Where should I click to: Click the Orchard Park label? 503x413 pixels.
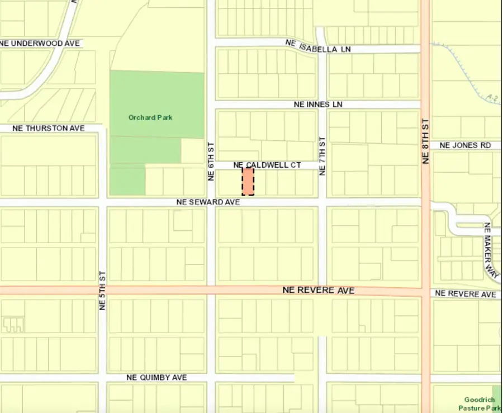point(150,117)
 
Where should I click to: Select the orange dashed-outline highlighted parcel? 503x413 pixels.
point(248,181)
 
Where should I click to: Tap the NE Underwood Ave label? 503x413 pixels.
point(41,43)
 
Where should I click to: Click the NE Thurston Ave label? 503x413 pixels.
point(49,129)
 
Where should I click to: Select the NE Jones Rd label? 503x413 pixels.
point(466,145)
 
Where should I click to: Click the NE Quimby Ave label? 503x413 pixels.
point(156,378)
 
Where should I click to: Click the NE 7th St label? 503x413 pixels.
point(322,156)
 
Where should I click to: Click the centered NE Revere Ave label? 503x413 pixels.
point(319,290)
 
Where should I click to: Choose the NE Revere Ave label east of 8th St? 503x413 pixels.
point(465,294)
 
